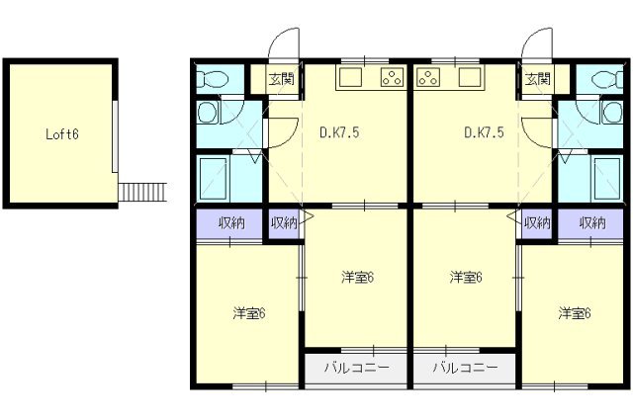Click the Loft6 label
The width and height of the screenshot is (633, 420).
[62, 134]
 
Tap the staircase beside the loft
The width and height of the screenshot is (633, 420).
[141, 190]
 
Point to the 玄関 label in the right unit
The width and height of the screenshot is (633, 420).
[537, 79]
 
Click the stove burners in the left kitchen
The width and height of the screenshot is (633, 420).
[393, 78]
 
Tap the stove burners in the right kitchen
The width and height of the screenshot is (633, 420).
[429, 78]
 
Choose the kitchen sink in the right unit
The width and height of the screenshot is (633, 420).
[468, 78]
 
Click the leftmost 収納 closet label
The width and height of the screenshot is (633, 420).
[230, 223]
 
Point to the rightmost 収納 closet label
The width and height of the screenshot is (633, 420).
[592, 223]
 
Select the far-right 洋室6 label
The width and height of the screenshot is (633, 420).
[574, 314]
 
